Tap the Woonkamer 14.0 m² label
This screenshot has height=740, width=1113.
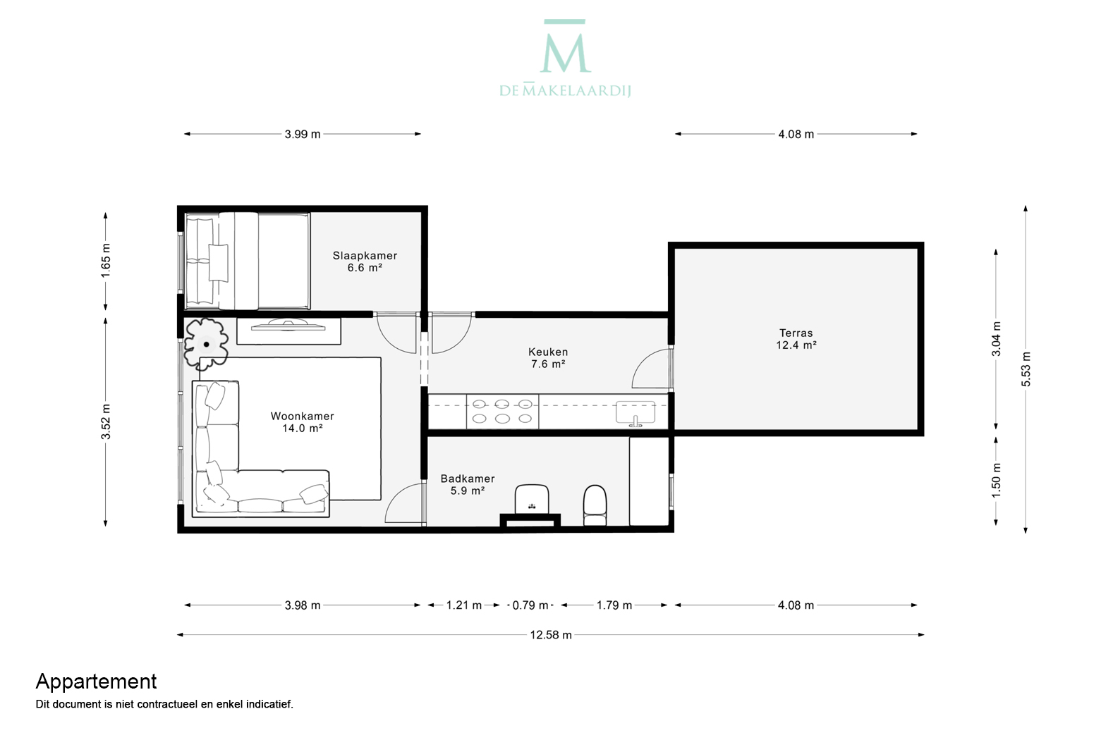[x=302, y=422]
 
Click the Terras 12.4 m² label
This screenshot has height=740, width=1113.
[x=796, y=339]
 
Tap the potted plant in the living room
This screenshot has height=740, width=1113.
[x=206, y=344]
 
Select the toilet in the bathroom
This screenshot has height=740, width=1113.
[x=595, y=505]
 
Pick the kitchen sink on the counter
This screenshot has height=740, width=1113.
[x=635, y=414]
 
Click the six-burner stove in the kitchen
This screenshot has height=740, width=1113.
[x=502, y=411]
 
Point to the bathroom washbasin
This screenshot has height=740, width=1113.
[x=532, y=500]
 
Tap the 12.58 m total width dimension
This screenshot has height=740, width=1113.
[x=551, y=635]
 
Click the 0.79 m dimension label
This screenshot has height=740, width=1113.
[x=530, y=605]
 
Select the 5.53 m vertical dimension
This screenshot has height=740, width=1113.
[x=1026, y=369]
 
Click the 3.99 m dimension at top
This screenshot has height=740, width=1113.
[x=302, y=134]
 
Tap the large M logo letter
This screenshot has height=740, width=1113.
[x=566, y=53]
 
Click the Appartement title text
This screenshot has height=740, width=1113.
[x=97, y=682]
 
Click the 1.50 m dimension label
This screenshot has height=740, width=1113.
[x=996, y=481]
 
